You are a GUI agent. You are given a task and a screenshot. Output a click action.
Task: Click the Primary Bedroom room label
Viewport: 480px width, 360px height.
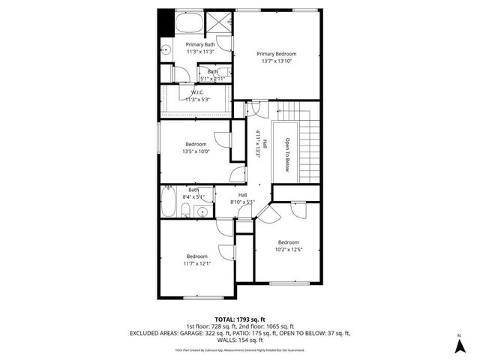[276, 54]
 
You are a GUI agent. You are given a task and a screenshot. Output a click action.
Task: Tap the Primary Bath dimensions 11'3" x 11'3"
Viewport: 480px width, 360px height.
[200, 52]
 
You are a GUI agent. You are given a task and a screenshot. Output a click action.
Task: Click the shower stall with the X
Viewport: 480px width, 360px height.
[220, 23]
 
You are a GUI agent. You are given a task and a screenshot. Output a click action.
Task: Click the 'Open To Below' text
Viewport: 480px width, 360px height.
[286, 154]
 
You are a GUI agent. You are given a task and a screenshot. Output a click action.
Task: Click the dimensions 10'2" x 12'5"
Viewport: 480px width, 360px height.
[288, 250]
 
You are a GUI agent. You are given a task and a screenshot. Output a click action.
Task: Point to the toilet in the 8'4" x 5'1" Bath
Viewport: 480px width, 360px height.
[202, 213]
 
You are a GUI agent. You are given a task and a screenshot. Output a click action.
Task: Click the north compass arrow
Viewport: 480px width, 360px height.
[458, 345]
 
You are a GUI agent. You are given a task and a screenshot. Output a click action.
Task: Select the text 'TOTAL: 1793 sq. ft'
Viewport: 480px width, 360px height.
[240, 317]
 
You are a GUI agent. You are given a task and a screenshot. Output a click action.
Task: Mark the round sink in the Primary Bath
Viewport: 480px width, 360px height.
[166, 52]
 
